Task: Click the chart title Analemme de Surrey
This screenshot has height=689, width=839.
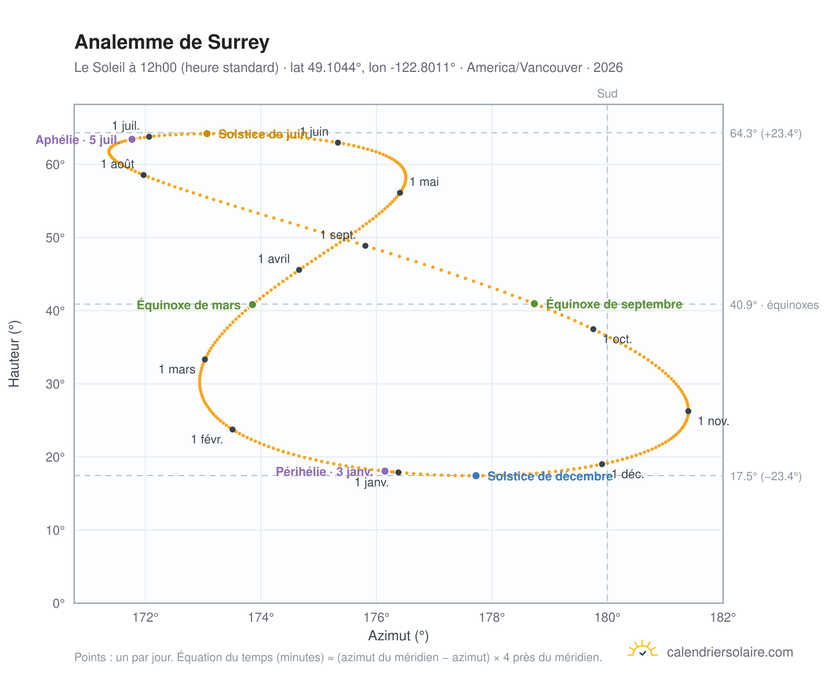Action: tap(172, 42)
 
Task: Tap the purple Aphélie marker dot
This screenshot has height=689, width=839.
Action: tap(132, 139)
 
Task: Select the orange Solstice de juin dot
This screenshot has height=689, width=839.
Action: tap(206, 133)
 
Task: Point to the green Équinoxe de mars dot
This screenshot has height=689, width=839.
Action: tap(252, 304)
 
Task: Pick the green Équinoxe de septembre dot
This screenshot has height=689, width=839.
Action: tap(534, 303)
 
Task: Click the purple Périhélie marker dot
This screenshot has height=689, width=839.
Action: tap(384, 470)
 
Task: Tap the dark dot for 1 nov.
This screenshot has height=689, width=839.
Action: tap(687, 411)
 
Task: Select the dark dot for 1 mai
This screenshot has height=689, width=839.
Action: tap(399, 193)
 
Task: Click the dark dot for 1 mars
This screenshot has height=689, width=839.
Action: tap(205, 359)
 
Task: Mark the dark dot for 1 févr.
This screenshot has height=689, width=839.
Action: tap(232, 429)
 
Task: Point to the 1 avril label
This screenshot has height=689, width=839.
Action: tap(273, 259)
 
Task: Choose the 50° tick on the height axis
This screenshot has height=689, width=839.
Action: tap(55, 238)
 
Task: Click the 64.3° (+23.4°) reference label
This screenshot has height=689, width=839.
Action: tap(765, 133)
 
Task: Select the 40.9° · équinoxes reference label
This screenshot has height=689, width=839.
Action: tap(774, 304)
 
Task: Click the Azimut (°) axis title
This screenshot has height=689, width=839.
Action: tap(398, 635)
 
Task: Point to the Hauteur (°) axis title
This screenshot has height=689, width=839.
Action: tap(14, 354)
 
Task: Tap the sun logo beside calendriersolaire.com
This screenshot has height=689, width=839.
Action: tap(641, 649)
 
